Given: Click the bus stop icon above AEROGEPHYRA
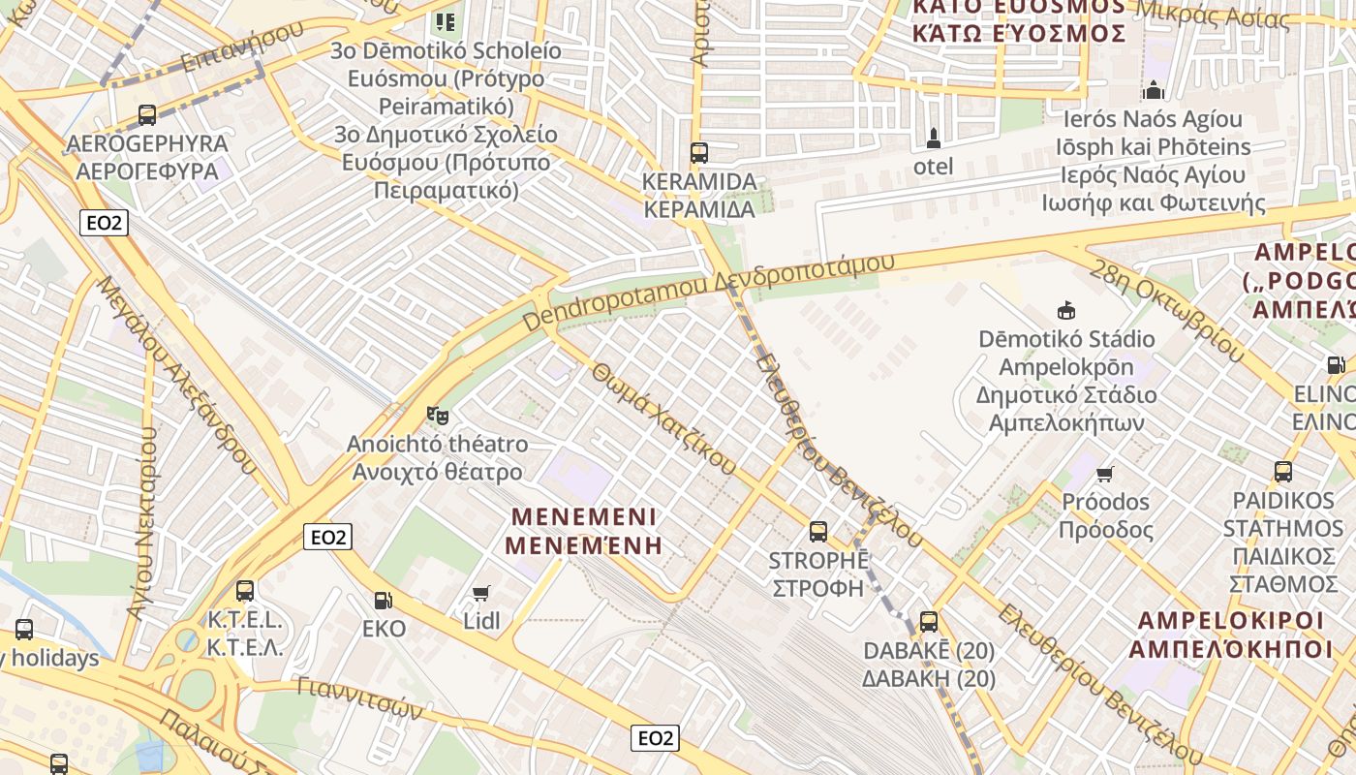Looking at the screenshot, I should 147,115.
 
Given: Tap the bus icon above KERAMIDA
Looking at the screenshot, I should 698,153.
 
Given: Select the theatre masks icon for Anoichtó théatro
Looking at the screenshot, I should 438,416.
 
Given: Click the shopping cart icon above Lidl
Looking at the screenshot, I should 481,592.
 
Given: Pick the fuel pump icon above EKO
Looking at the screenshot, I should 384,600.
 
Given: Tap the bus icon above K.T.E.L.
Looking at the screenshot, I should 245,590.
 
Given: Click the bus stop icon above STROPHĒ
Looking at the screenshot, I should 818,531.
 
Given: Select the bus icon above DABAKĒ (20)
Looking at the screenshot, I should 928,622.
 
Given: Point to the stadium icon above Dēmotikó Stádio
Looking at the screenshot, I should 1066,311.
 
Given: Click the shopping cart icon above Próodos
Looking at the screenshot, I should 1105,474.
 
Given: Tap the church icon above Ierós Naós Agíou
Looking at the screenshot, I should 1153,91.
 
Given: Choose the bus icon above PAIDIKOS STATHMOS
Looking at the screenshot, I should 1283,472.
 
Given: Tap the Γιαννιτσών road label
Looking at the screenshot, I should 359,698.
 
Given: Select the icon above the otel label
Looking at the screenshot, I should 933,138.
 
